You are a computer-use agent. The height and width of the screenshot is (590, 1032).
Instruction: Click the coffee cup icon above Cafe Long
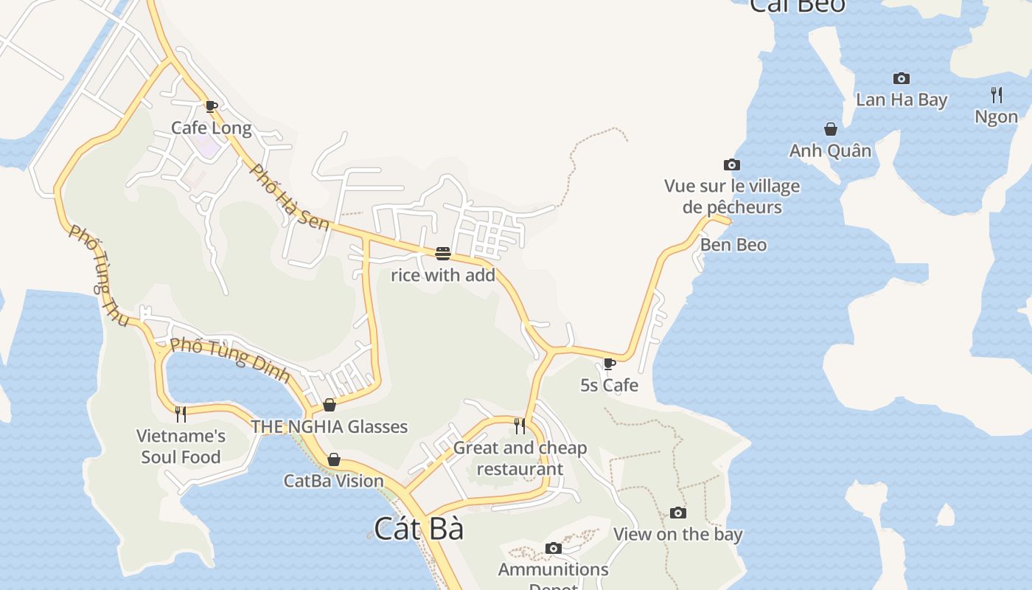212,106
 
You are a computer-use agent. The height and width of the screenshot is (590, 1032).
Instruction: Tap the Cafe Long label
212,128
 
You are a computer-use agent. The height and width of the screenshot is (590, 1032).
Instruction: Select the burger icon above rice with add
443,254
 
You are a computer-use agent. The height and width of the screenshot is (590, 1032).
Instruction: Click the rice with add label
443,276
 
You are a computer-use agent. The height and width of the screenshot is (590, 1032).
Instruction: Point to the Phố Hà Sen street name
290,197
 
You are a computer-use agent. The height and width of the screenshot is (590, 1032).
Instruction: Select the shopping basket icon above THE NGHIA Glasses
330,405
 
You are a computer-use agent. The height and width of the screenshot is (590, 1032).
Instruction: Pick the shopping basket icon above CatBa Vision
334,459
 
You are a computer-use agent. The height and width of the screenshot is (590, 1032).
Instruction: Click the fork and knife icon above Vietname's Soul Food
181,414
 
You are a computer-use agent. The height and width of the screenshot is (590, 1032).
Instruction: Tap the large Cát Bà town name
419,529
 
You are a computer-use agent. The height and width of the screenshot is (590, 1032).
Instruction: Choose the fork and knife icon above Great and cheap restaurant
520,426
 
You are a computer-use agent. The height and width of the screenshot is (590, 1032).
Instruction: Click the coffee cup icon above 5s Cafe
610,364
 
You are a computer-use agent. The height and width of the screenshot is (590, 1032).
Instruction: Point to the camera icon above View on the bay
678,513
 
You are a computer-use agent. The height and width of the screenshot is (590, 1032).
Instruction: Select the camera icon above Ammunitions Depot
554,548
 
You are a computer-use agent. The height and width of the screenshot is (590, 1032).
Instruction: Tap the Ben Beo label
733,245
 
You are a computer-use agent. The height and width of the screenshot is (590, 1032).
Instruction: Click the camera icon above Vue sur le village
732,164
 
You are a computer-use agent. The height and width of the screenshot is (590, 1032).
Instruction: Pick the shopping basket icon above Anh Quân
831,129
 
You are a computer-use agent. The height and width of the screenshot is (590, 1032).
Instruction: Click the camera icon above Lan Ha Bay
902,78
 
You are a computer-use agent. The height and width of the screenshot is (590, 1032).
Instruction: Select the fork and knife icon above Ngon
997,94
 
